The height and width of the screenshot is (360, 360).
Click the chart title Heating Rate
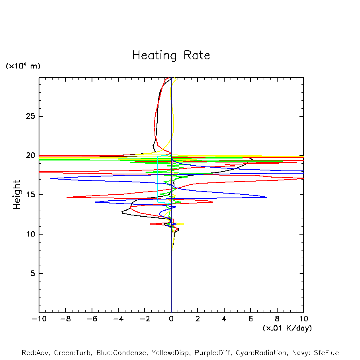(x=171, y=55)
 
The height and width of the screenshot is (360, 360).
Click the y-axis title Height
(x=17, y=195)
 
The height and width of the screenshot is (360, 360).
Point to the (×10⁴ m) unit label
(x=23, y=66)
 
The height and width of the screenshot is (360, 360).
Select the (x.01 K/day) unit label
(x=287, y=328)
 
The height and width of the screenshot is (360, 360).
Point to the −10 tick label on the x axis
(x=39, y=319)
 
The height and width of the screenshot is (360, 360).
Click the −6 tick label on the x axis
(x=92, y=319)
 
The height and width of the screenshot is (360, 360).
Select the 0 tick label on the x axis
(x=171, y=319)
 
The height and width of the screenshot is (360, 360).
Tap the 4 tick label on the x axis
(x=224, y=319)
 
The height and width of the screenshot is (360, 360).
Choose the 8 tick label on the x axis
(x=277, y=319)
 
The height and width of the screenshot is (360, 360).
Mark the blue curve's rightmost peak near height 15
(x=267, y=197)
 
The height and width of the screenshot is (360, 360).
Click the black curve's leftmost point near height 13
(x=122, y=213)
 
